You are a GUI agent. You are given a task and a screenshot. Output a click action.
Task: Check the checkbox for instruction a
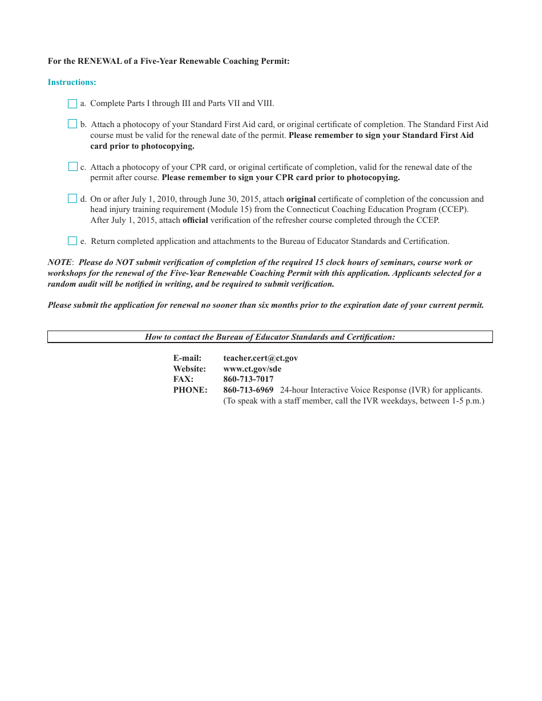72,104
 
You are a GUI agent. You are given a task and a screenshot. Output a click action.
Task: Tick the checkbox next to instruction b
72,124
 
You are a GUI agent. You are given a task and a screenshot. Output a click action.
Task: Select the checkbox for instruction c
73,167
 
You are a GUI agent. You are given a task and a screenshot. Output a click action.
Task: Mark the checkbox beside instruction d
72,199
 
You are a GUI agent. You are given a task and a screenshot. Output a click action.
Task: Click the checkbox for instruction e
72,241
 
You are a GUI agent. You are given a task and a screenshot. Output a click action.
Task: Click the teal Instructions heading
72,83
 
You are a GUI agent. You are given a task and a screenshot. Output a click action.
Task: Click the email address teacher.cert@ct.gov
260,358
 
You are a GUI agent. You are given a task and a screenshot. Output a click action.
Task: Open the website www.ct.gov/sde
252,369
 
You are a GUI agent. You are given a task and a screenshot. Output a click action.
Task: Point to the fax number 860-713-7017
248,380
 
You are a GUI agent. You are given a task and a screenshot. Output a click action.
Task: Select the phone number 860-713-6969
248,390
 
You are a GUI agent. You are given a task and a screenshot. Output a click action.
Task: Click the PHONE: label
190,390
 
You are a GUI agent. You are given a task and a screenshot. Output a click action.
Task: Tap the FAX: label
183,380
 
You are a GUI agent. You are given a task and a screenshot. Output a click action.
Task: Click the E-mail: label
187,358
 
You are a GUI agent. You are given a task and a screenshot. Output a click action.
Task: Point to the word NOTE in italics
59,263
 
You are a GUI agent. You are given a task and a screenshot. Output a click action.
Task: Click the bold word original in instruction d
301,199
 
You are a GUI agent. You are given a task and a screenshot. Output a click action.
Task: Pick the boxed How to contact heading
270,337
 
